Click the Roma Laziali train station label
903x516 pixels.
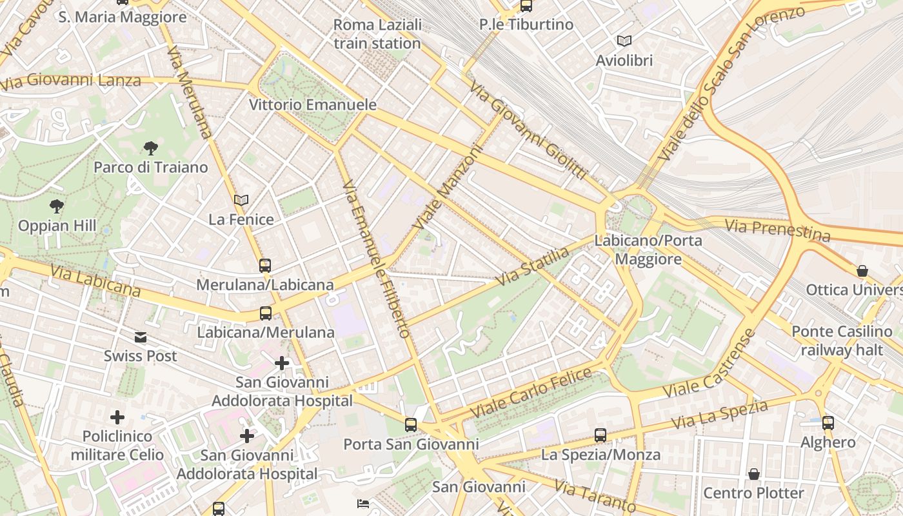(377, 34)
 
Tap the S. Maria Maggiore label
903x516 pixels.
(123, 17)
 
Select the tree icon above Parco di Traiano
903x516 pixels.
(151, 148)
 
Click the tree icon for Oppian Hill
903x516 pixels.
(57, 206)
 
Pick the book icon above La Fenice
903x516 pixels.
(241, 201)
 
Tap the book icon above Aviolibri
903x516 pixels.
(624, 41)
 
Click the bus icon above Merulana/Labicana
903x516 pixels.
(265, 265)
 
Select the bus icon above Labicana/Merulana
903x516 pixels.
(265, 313)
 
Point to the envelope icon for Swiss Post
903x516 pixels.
(140, 337)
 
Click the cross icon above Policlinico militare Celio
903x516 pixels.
(117, 417)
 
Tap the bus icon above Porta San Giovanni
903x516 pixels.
(411, 425)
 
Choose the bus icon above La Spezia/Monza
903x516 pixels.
(600, 435)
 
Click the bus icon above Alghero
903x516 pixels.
(828, 423)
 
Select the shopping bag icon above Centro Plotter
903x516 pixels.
(753, 475)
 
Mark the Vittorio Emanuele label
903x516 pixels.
(313, 104)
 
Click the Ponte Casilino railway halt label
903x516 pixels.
(842, 341)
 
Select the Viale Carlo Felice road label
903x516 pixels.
(531, 392)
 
